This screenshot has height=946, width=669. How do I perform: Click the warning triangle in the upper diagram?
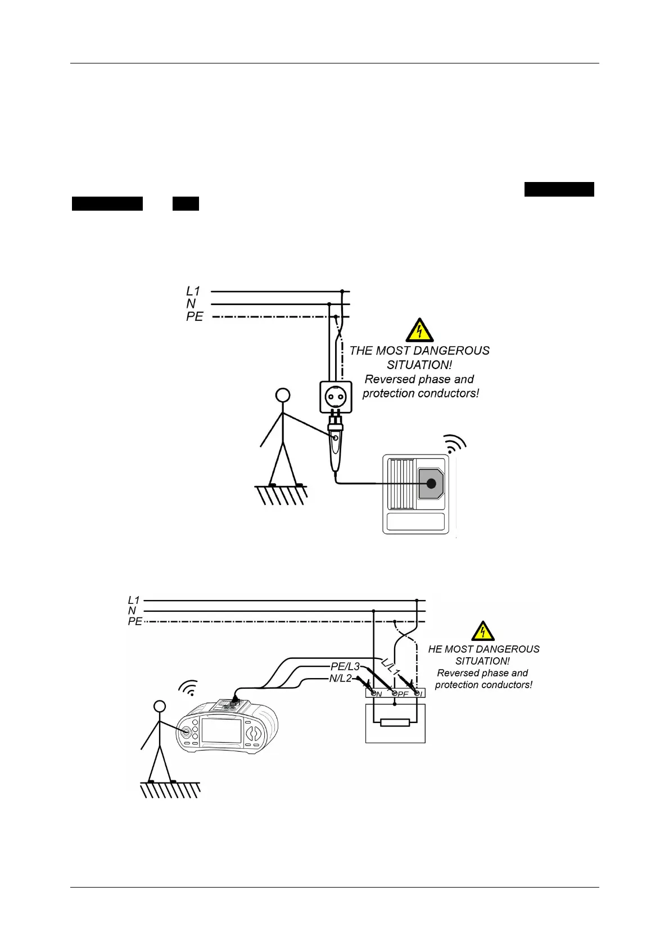[419, 331]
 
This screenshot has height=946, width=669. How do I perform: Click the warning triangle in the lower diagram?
[482, 631]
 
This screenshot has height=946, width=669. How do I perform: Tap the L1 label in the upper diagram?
[193, 291]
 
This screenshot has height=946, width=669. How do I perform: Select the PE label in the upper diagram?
[195, 317]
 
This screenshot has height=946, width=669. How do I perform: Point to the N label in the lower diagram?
[132, 611]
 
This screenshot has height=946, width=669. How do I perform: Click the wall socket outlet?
[336, 397]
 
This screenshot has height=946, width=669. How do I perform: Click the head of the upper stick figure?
[283, 395]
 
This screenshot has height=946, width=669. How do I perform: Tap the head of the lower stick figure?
[160, 707]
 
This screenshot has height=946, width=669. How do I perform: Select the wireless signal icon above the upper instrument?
[455, 443]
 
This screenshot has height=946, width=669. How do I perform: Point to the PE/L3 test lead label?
[345, 667]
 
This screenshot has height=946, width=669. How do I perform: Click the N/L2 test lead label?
[340, 679]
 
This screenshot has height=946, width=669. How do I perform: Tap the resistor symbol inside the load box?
[395, 722]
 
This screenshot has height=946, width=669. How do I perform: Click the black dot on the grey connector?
[431, 483]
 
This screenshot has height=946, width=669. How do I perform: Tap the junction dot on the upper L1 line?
[342, 292]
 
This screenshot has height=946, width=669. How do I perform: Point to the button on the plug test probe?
[336, 438]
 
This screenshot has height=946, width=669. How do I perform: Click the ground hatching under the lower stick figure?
[170, 790]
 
